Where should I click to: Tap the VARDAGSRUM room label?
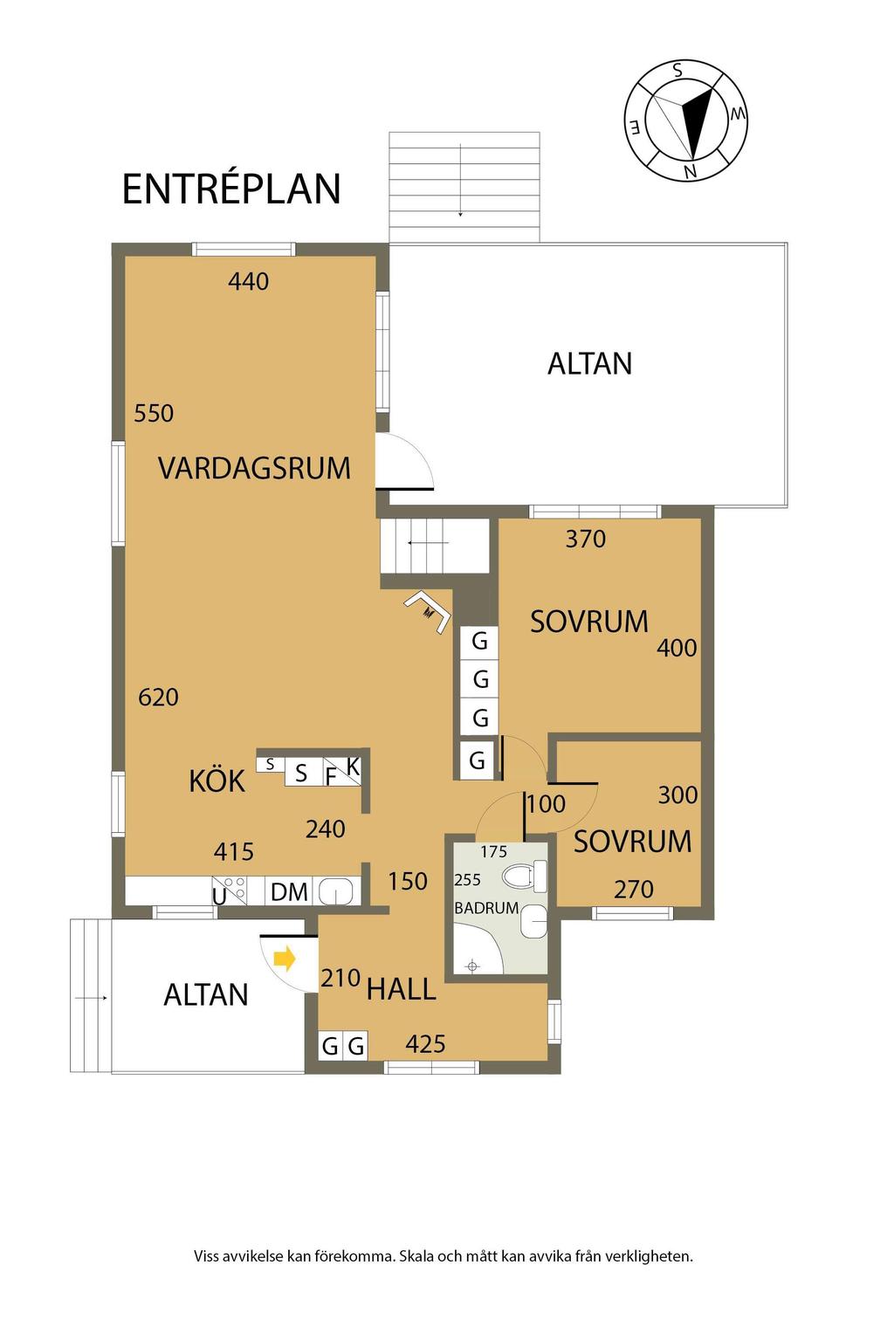[x=254, y=468]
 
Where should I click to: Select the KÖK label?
[x=217, y=781]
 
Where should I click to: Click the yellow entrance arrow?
[x=285, y=959]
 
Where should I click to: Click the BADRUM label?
[x=486, y=908]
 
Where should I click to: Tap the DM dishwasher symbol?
[x=289, y=892]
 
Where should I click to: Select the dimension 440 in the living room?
[x=248, y=281]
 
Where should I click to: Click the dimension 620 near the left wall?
[x=158, y=697]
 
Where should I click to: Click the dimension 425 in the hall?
[x=425, y=1045]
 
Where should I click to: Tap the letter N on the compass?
[x=691, y=172]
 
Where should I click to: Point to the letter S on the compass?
[x=677, y=71]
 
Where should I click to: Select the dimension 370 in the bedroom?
[x=585, y=540]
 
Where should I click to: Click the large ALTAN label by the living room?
[x=589, y=363]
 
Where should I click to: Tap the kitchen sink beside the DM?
[x=339, y=892]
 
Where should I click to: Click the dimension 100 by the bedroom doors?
[x=547, y=804]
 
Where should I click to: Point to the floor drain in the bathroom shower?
[x=472, y=966]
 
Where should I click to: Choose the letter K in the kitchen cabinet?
[x=353, y=767]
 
